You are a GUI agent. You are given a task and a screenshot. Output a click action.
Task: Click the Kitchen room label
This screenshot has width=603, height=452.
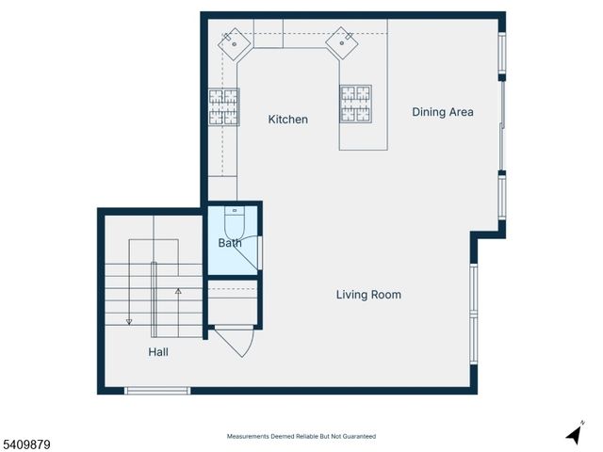click(287, 120)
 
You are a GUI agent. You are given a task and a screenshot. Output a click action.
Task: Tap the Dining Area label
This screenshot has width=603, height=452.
click(442, 112)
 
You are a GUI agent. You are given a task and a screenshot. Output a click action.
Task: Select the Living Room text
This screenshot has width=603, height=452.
click(368, 295)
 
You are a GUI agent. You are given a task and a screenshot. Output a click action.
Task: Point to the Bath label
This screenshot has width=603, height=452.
click(230, 243)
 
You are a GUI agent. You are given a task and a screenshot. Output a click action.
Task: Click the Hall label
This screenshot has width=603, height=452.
click(158, 352)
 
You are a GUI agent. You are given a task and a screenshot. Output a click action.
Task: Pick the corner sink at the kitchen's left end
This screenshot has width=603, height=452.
click(233, 42)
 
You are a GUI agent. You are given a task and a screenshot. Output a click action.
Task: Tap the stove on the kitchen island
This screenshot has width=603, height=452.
click(355, 104)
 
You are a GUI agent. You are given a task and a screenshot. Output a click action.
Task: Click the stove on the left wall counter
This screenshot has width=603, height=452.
click(223, 106)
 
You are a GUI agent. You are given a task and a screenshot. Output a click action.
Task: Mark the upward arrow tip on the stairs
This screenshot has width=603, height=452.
click(178, 293)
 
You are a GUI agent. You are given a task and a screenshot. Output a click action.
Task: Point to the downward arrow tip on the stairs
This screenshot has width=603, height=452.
click(129, 322)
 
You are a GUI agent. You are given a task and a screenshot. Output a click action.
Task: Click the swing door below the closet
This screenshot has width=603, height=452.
click(236, 340)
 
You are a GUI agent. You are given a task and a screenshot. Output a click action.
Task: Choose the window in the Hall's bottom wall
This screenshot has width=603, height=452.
click(157, 391)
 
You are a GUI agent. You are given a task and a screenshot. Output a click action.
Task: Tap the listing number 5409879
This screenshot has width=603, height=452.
click(25, 443)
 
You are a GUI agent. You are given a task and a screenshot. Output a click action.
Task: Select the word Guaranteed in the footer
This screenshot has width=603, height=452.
click(357, 436)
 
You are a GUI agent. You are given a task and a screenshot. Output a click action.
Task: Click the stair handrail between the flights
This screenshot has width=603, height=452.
click(155, 299)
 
